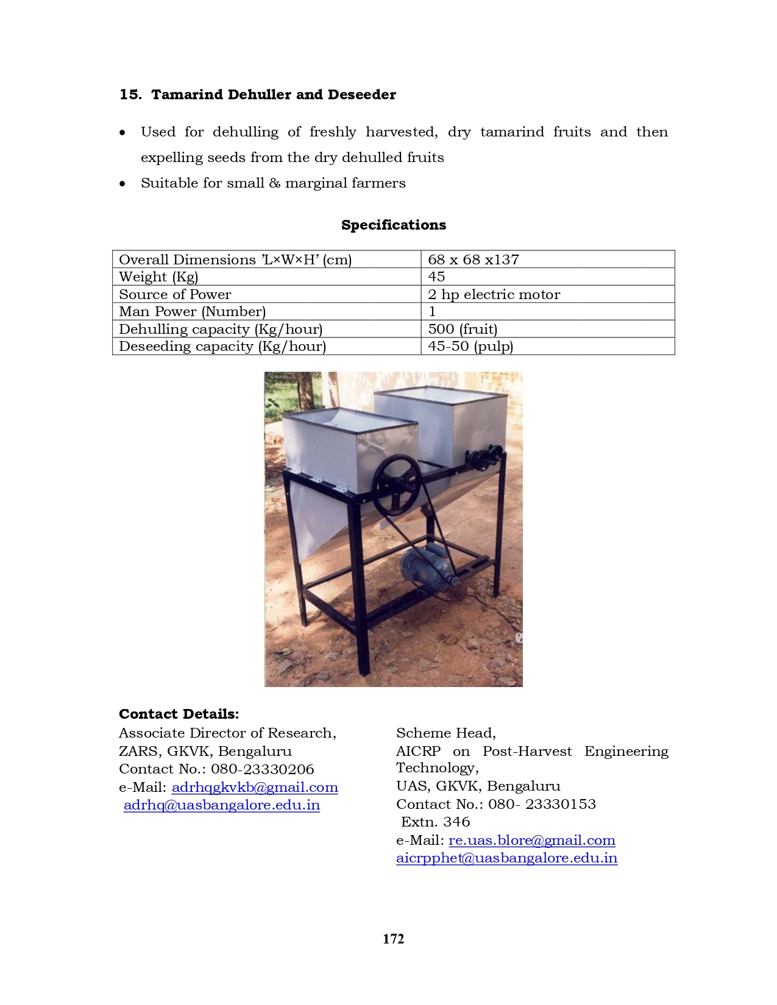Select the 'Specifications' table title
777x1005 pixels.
[393, 225]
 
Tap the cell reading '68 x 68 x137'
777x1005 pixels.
[474, 259]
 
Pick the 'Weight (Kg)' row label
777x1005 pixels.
[158, 277]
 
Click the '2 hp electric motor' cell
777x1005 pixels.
[494, 294]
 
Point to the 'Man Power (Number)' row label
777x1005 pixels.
[192, 311]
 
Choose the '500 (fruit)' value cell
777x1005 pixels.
[463, 329]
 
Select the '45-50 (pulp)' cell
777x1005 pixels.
[470, 346]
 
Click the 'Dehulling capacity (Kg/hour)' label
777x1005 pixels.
[221, 329]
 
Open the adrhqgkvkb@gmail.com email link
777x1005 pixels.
[255, 787]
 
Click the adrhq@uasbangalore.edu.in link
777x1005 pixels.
[222, 805]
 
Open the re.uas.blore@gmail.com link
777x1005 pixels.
[531, 840]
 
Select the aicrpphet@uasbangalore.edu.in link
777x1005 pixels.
[506, 858]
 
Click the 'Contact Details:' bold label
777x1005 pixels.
[179, 714]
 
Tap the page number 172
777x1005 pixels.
[393, 939]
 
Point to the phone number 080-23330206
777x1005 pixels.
[263, 769]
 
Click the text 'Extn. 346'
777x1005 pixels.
[435, 822]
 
